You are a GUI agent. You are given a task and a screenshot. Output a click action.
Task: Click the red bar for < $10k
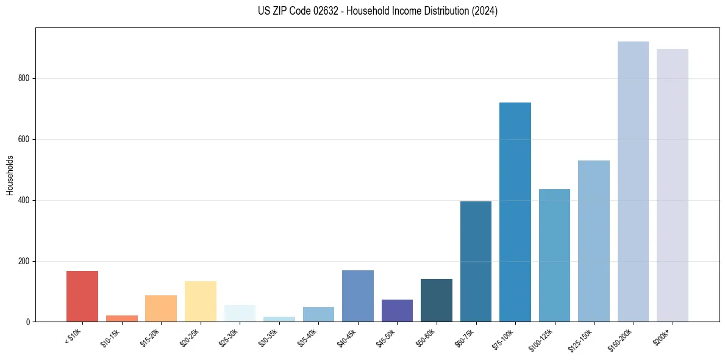point(82,297)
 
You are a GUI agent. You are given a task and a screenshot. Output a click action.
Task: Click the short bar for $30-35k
point(279,319)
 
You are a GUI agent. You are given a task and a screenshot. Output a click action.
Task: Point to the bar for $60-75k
point(476,262)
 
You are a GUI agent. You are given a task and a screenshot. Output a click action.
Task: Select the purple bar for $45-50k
point(397,311)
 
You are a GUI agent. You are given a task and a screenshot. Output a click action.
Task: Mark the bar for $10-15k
point(122,319)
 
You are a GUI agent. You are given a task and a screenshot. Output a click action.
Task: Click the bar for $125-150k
point(594,241)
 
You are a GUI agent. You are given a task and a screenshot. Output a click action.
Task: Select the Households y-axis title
point(10,175)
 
